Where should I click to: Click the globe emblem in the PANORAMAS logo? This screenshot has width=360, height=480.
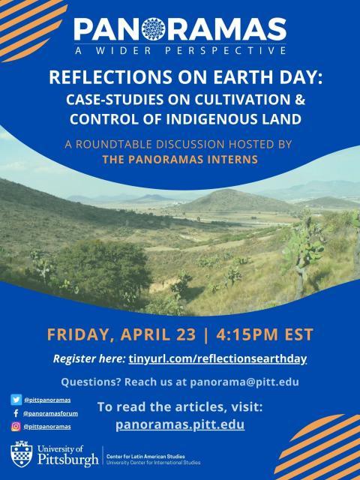154,29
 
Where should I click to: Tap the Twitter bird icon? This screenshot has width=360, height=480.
16,400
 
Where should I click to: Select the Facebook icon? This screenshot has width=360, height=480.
16,413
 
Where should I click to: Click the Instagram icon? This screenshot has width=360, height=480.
16,427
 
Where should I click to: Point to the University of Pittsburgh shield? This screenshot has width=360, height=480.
22,454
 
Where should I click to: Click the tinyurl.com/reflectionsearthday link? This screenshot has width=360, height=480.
217,358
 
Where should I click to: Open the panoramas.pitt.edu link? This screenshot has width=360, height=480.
180,424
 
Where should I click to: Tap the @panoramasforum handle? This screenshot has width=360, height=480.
50,413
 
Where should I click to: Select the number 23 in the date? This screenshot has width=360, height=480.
186,334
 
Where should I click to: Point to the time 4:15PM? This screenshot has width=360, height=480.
247,334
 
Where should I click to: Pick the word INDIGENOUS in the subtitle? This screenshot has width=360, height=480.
216,119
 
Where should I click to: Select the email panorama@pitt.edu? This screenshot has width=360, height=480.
244,382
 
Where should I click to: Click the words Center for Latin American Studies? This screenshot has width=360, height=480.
145,457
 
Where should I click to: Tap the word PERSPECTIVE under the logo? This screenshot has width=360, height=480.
226,50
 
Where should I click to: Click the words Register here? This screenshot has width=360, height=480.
89,358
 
